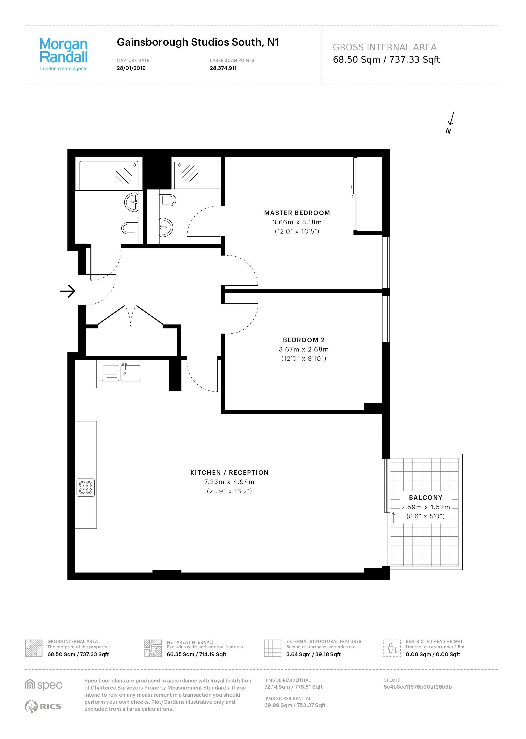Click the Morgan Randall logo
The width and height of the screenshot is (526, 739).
coord(64,54)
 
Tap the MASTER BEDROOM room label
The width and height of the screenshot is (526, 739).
coord(297,213)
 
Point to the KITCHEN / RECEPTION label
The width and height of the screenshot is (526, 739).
coord(229,473)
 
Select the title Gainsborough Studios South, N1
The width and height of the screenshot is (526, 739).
coord(198,42)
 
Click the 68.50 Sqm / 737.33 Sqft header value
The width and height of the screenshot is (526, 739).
coord(386,59)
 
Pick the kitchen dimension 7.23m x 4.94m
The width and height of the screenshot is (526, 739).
coord(229,482)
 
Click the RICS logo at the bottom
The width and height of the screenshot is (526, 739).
coord(43,706)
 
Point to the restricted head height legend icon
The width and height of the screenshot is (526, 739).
coord(392,648)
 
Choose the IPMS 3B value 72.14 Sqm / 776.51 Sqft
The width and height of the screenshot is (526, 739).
coord(293,687)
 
